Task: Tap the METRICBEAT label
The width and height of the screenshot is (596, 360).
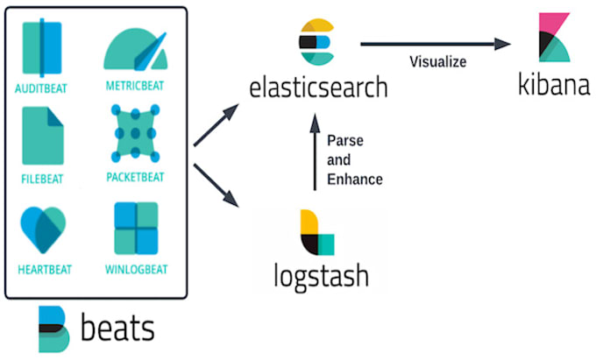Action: pos(134,87)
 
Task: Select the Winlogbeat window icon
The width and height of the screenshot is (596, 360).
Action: pos(136,229)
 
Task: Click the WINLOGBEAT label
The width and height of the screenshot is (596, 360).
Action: pos(135,269)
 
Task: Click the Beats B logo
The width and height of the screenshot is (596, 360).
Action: pos(52,329)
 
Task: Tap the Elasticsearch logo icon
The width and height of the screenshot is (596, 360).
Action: pos(316,42)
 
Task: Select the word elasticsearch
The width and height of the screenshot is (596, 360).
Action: pos(317,88)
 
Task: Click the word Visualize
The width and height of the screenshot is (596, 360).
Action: pos(436,62)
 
